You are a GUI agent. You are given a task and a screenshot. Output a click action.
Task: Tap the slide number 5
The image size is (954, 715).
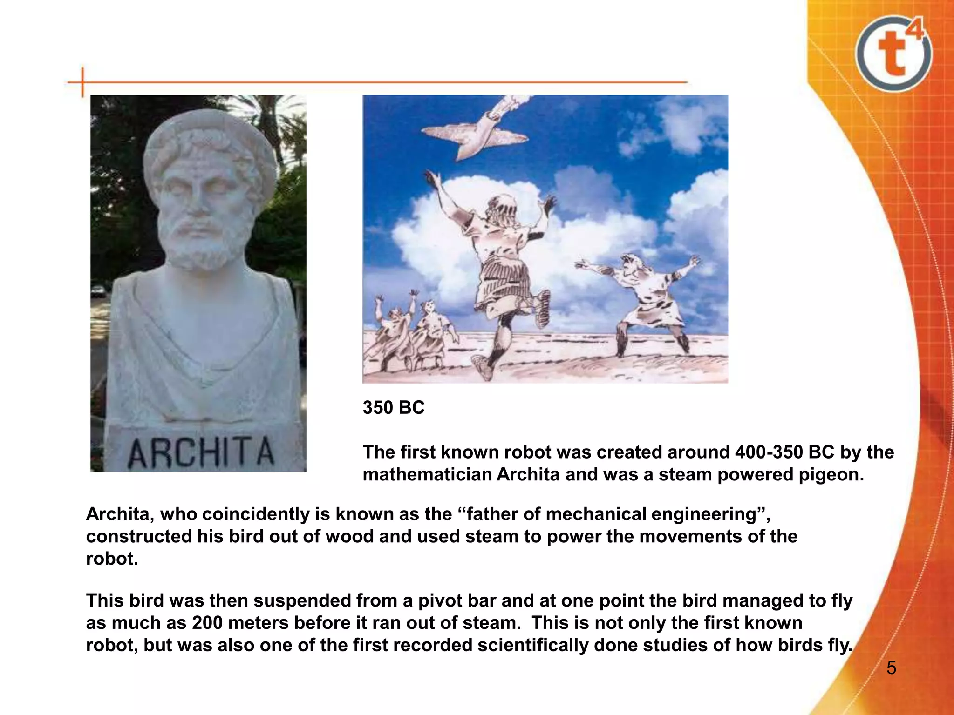891,668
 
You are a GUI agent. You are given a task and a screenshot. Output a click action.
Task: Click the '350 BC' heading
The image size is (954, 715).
394,408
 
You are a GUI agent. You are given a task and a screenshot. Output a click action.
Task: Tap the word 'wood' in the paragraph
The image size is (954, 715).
348,537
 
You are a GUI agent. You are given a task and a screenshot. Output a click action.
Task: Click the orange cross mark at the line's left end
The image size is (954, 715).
83,82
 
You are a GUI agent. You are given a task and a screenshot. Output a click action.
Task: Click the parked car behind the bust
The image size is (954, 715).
98,291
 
